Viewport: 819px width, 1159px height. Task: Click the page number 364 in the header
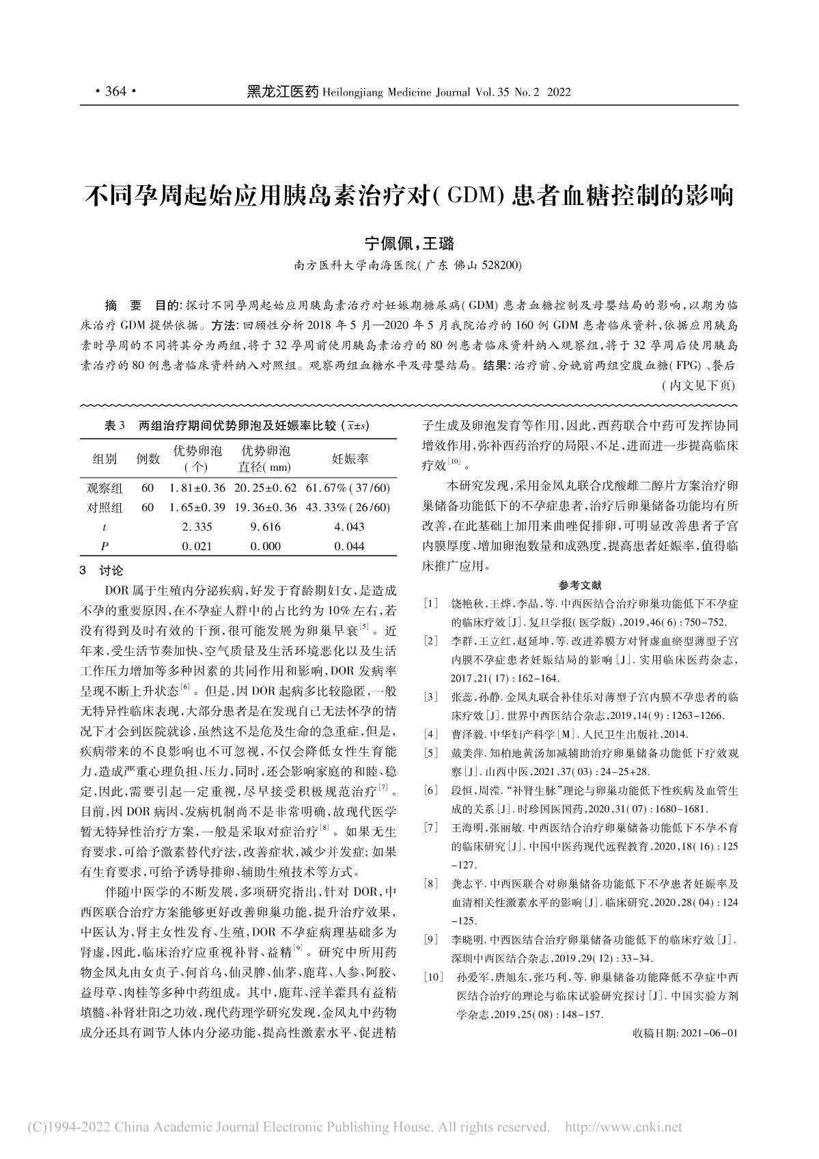[x=115, y=92]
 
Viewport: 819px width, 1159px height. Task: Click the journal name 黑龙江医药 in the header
[x=282, y=92]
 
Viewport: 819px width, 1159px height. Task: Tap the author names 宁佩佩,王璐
[x=409, y=243]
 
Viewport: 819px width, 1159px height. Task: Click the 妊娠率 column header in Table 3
[x=350, y=459]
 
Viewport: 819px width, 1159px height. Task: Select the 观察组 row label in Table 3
[x=105, y=488]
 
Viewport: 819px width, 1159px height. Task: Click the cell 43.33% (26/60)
[x=349, y=507]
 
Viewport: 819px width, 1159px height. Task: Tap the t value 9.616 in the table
[x=265, y=526]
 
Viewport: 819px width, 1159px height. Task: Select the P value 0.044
[x=349, y=545]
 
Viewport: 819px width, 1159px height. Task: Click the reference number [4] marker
[x=430, y=734]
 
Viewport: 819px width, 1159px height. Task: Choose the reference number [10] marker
[x=433, y=977]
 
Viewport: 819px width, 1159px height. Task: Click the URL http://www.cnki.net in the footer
[x=625, y=1126]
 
